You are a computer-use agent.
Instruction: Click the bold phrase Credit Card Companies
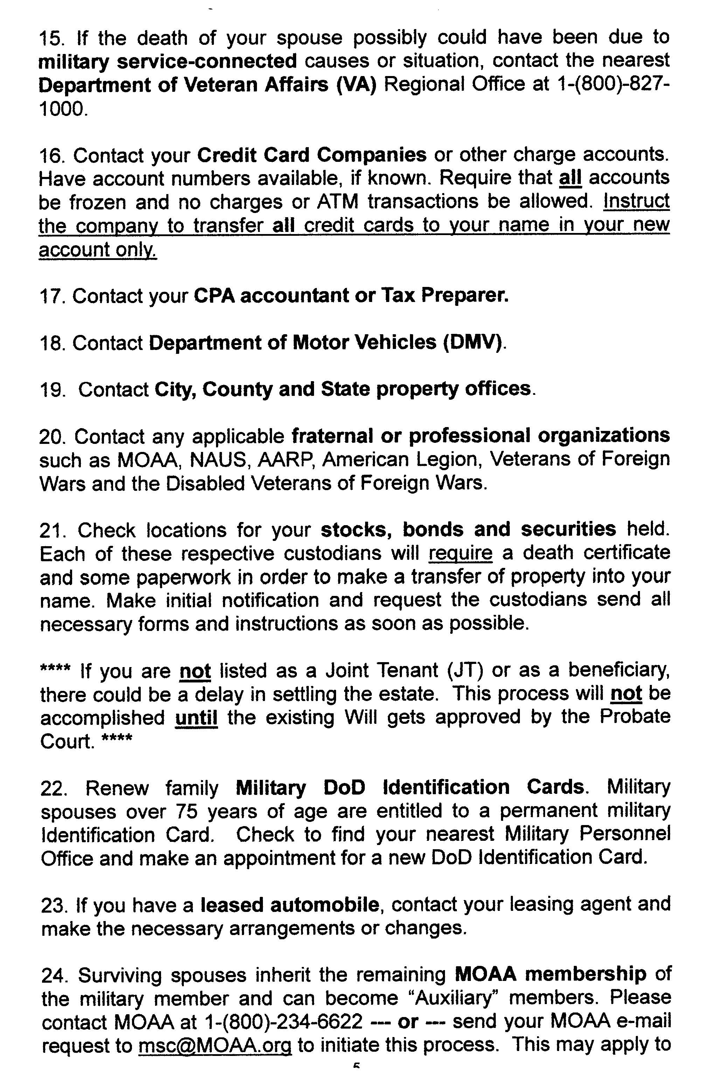click(312, 155)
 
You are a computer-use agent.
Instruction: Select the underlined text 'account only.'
click(98, 250)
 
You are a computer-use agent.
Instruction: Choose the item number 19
click(54, 390)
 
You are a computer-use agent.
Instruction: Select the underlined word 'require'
click(460, 554)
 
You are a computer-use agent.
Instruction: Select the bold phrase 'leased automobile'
click(290, 905)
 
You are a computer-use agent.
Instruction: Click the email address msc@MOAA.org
click(215, 1045)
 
